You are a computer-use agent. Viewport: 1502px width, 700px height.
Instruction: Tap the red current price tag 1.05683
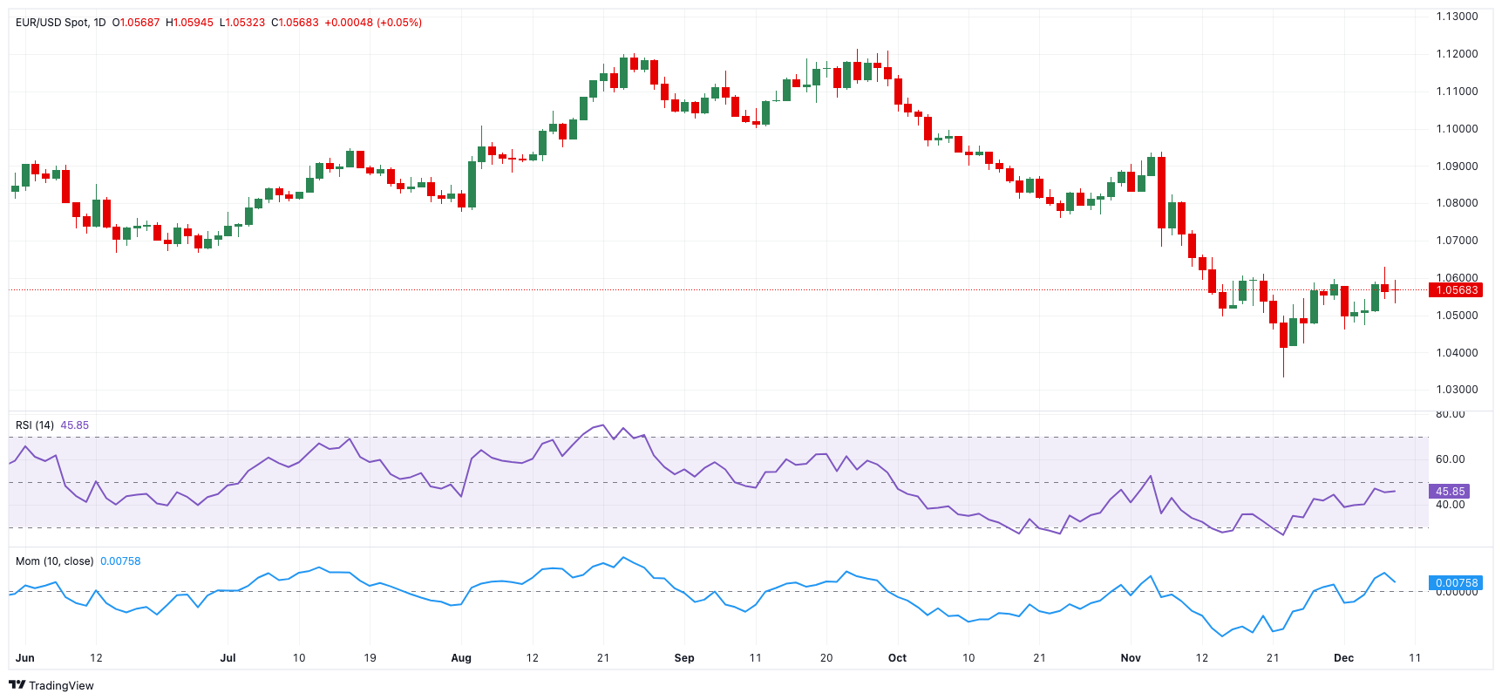tap(1456, 290)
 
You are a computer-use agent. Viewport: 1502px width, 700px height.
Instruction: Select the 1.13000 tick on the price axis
tap(1457, 17)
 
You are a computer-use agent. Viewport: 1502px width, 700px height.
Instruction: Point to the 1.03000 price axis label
tap(1457, 390)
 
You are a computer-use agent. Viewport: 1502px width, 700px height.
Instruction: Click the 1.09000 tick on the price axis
tap(1457, 166)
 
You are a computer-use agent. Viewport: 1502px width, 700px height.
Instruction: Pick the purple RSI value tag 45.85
tap(1450, 492)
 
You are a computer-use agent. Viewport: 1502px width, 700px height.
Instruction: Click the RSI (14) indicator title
tap(35, 425)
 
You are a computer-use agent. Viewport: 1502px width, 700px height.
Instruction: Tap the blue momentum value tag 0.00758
tap(1456, 583)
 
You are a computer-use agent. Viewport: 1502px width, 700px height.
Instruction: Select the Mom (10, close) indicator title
tap(54, 561)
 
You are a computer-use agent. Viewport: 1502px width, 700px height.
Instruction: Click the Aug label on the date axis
tap(461, 658)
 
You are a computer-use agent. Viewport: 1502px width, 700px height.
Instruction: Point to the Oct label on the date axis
tap(897, 658)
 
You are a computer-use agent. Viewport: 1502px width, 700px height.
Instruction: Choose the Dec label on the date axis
tap(1343, 658)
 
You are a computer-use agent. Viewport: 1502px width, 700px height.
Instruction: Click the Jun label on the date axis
tap(25, 658)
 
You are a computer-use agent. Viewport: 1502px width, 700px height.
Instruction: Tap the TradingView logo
tap(51, 685)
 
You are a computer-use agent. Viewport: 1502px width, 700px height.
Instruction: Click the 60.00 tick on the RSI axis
tap(1451, 459)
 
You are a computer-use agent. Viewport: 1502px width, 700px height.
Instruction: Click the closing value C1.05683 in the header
tap(295, 23)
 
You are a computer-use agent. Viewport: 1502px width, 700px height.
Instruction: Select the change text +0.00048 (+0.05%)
tap(373, 23)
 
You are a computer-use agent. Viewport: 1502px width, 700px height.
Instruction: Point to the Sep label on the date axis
tap(684, 658)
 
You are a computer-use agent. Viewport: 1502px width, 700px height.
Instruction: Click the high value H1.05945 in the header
tap(189, 23)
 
